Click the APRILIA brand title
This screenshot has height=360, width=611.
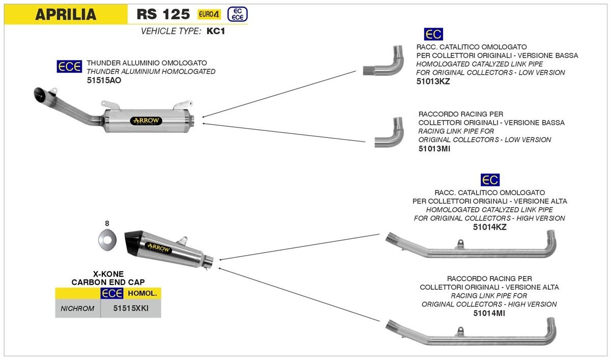pyautogui.click(x=65, y=14)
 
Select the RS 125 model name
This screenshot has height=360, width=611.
pyautogui.click(x=163, y=14)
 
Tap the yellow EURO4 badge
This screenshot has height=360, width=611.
pyautogui.click(x=209, y=14)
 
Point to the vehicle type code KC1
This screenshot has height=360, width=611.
pyautogui.click(x=216, y=31)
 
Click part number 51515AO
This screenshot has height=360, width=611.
pyautogui.click(x=104, y=80)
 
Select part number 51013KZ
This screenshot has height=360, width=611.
pyautogui.click(x=433, y=81)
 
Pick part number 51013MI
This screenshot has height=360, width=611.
pyautogui.click(x=434, y=148)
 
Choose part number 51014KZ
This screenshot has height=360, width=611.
pyautogui.click(x=489, y=227)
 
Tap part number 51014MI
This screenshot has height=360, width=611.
pyautogui.click(x=489, y=313)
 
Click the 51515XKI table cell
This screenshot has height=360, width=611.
pyautogui.click(x=130, y=309)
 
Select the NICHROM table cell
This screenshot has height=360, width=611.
pyautogui.click(x=77, y=309)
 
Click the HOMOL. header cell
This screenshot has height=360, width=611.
pyautogui.click(x=142, y=294)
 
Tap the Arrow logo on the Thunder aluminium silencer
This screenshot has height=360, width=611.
pyautogui.click(x=146, y=121)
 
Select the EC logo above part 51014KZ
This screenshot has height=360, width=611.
pyautogui.click(x=490, y=180)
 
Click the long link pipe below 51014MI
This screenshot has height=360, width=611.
pyautogui.click(x=471, y=333)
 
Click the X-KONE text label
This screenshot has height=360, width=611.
pyautogui.click(x=108, y=273)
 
